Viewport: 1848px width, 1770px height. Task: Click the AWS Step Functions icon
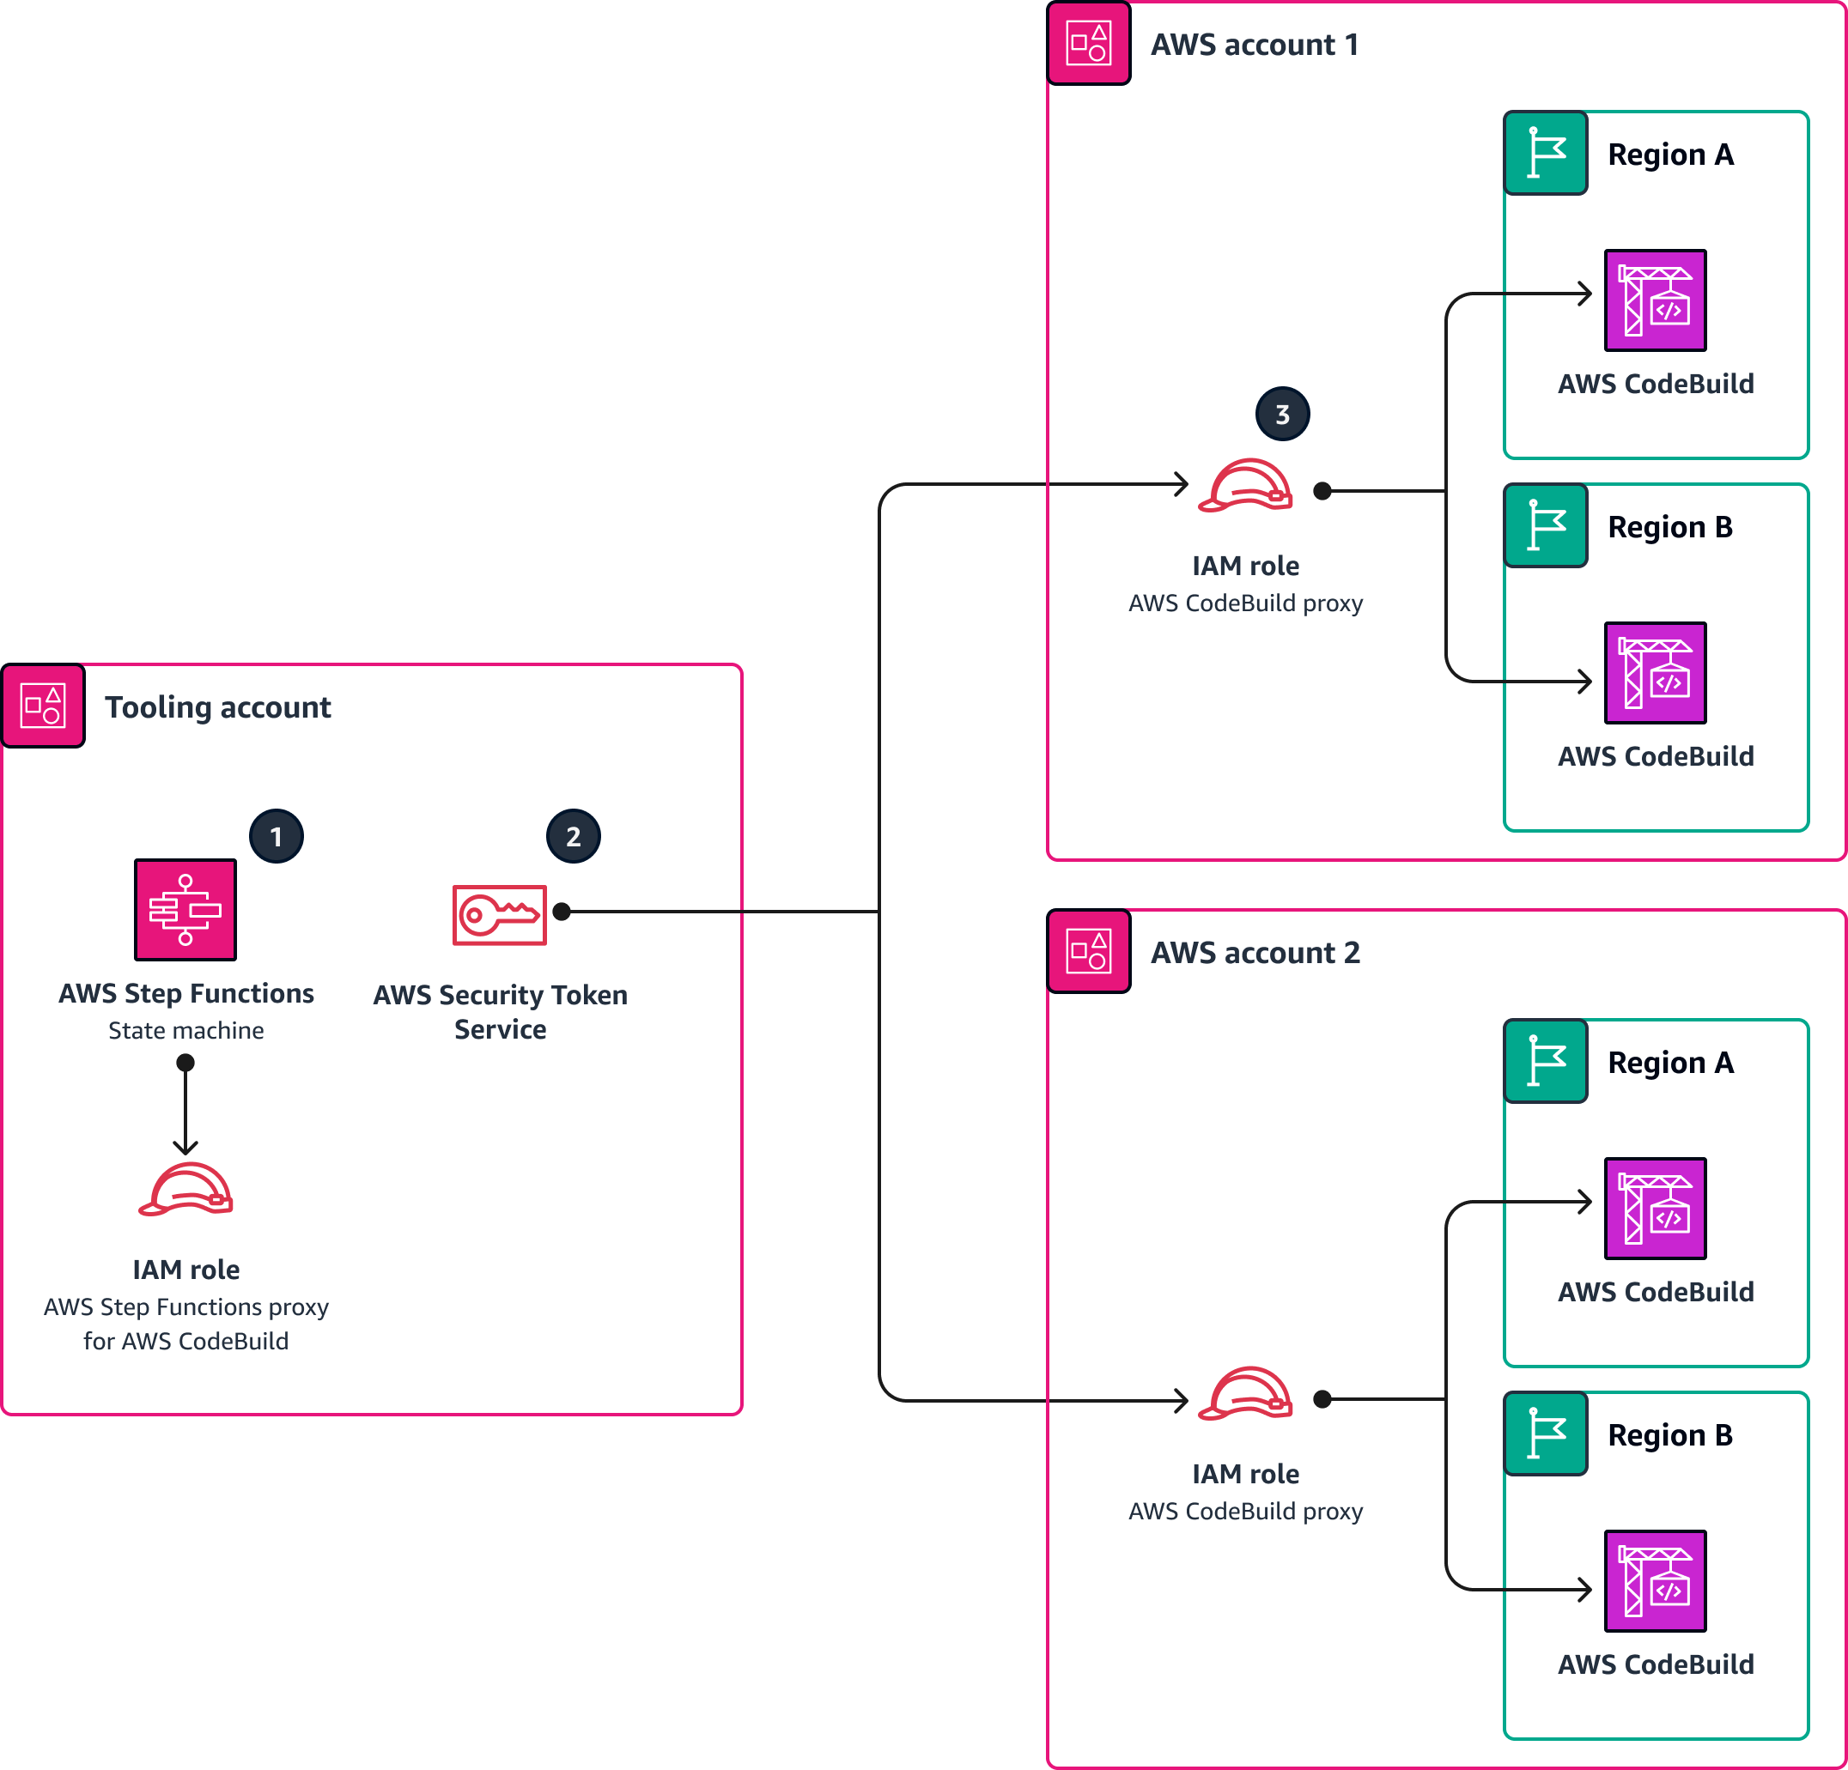[185, 910]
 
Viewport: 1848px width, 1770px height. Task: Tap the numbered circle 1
[277, 836]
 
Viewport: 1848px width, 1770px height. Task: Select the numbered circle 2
[574, 836]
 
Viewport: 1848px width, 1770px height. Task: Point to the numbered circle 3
[1282, 414]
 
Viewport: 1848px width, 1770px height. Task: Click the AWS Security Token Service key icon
[499, 914]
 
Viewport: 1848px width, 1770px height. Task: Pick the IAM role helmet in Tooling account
[185, 1191]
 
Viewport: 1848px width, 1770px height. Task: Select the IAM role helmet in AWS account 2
[1244, 1394]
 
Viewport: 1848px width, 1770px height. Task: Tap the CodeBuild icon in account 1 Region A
[1655, 300]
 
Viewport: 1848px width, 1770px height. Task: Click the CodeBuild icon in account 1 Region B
[1655, 673]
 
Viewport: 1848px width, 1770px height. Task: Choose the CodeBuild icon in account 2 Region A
[1655, 1209]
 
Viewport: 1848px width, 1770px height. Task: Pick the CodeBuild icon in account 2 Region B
[1655, 1580]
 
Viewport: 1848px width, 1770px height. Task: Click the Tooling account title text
[218, 706]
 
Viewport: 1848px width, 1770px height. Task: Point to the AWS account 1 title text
[1254, 45]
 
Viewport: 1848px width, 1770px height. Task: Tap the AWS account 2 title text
[1255, 953]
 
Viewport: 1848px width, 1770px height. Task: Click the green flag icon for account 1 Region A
[1546, 153]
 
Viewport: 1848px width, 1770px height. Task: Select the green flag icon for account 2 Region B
[1546, 1434]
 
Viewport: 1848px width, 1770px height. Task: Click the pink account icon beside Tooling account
[44, 706]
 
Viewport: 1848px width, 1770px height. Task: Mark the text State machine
[185, 1030]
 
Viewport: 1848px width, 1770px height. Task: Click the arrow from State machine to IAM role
[185, 1107]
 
